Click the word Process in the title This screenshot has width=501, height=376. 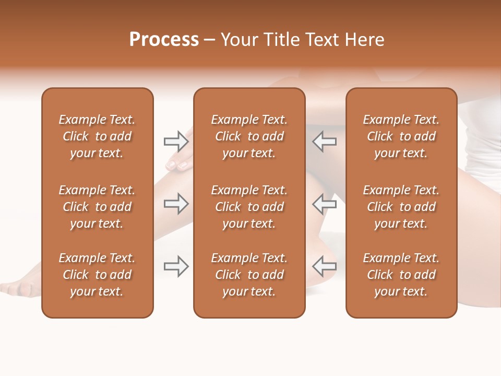click(x=164, y=40)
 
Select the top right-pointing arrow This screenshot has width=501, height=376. click(x=176, y=141)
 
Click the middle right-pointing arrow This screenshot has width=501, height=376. click(x=176, y=204)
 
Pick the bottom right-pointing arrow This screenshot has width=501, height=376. click(x=176, y=266)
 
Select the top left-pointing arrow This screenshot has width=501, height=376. click(x=325, y=141)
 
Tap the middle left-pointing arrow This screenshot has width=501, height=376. click(x=325, y=204)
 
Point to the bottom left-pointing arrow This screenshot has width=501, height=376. click(x=325, y=266)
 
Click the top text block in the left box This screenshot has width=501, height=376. click(x=97, y=136)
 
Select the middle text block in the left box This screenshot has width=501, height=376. click(x=97, y=207)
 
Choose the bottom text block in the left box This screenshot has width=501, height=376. click(x=97, y=275)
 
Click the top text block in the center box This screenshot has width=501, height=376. click(x=249, y=136)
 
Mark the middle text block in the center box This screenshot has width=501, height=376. click(x=249, y=207)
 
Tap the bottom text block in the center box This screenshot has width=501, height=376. click(x=249, y=275)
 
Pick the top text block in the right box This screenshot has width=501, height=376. click(x=401, y=136)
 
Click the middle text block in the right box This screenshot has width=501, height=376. click(x=401, y=207)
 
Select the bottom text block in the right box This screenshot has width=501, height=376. click(x=401, y=275)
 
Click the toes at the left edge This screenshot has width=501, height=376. click(x=16, y=287)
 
